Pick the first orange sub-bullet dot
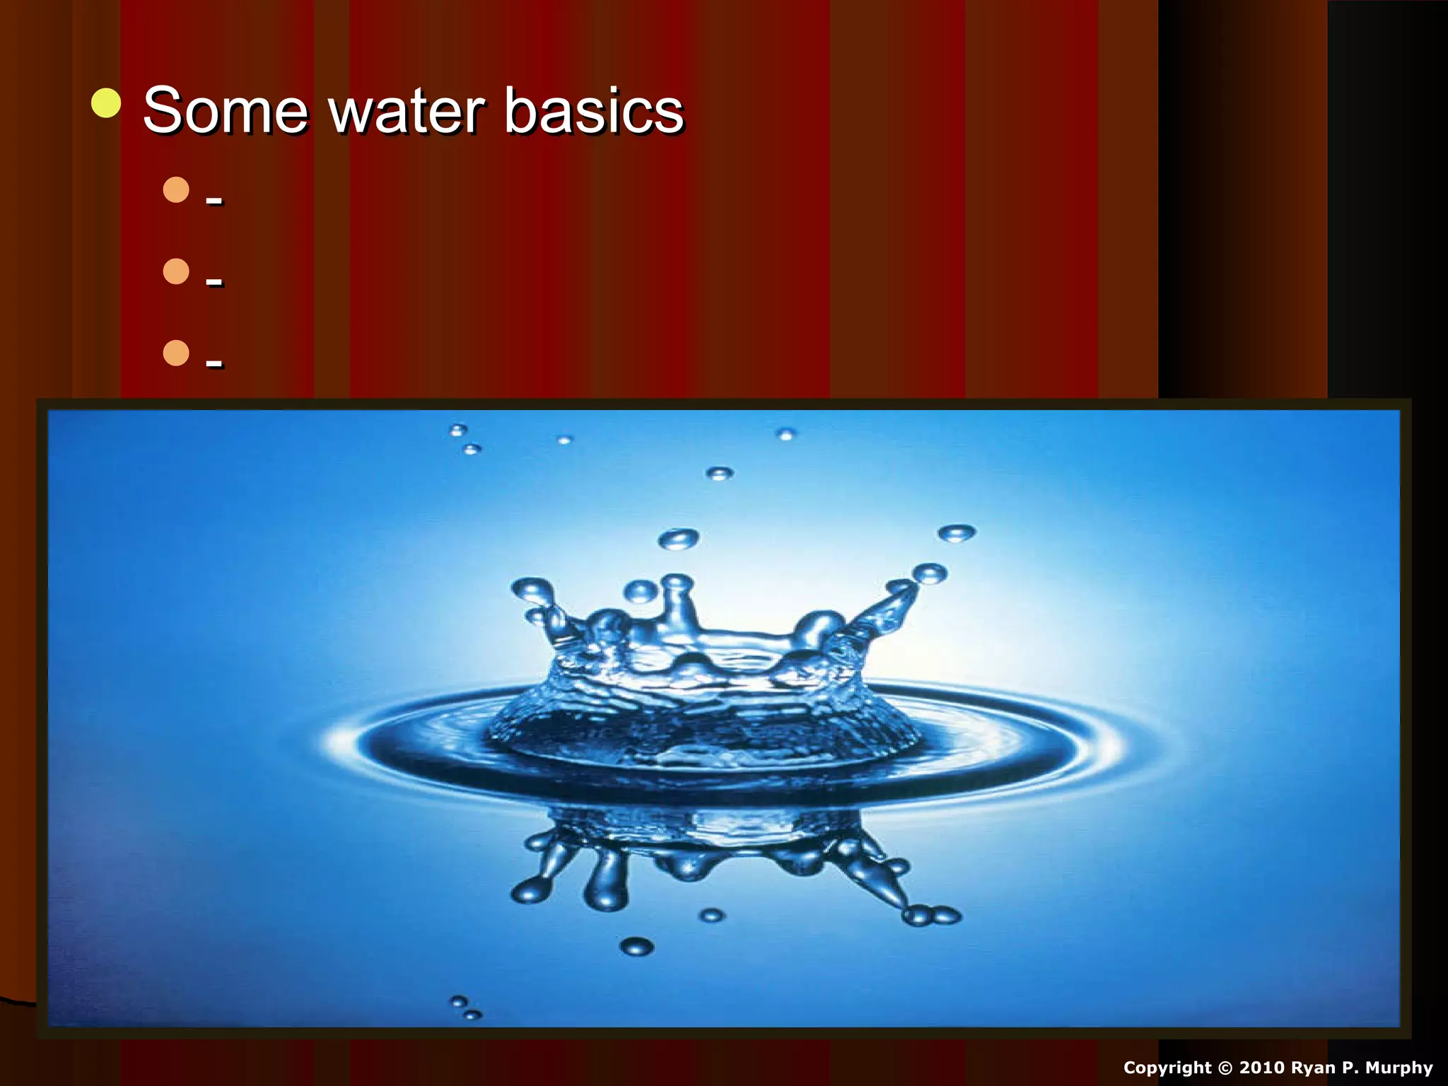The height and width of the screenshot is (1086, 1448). tap(176, 189)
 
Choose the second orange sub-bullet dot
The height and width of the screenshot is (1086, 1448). tap(176, 271)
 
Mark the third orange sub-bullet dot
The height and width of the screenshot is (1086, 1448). tap(176, 353)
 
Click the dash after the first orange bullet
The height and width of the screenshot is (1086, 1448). tap(214, 202)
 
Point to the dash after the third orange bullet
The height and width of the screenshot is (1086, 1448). tap(214, 365)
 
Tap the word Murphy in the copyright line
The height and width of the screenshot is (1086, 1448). tap(1399, 1068)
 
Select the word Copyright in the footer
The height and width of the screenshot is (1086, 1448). tap(1167, 1068)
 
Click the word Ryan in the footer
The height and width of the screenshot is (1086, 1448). tap(1314, 1068)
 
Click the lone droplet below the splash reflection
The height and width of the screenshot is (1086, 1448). tap(636, 945)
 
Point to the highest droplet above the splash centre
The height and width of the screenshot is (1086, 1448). tap(719, 473)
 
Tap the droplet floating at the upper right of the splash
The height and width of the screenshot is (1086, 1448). tap(957, 532)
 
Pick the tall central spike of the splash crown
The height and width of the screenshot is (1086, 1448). tap(677, 601)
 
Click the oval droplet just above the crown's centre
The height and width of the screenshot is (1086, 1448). tap(678, 539)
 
